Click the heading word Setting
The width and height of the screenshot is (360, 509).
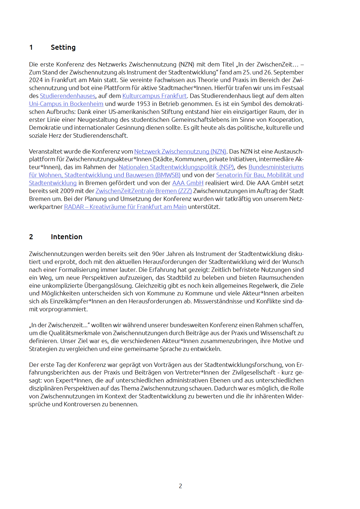[x=63, y=47]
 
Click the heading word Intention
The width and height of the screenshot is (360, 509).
[x=66, y=237]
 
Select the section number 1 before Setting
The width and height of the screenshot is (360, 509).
[x=31, y=47]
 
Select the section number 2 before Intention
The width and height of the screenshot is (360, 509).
[x=31, y=237]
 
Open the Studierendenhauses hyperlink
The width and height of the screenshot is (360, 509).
[x=68, y=96]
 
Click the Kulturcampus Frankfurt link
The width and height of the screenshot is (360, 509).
[x=154, y=96]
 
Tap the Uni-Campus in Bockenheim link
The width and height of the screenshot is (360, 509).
[x=66, y=104]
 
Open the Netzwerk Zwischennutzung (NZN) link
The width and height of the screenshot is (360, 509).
[x=180, y=152]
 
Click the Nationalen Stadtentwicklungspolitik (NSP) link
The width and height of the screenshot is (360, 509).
[x=176, y=167]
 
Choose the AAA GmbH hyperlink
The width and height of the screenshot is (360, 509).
[x=188, y=183]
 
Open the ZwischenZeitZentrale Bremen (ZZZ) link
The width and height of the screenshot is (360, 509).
[x=144, y=191]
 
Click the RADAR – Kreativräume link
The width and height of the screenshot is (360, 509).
[x=125, y=207]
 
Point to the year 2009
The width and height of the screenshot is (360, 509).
[x=67, y=191]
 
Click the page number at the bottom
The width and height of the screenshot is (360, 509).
[x=180, y=486]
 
